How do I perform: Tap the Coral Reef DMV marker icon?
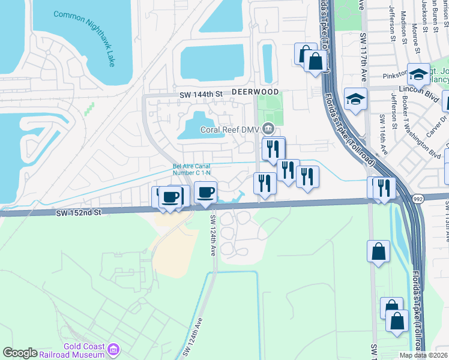pos(269,128)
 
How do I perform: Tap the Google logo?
pos(20,353)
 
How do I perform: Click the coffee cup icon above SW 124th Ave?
pos(206,193)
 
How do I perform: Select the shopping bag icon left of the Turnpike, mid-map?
pos(378,252)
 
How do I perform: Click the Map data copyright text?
pos(423,355)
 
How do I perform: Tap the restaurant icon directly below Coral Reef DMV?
pos(273,148)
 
